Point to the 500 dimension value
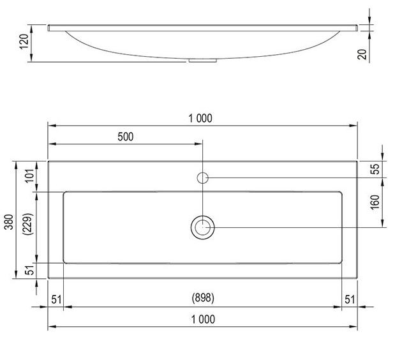(x=126, y=137)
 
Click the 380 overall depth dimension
(x=7, y=220)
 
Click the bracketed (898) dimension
(x=203, y=298)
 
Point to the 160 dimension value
(x=375, y=202)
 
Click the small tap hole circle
(x=203, y=177)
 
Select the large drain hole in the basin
(x=203, y=227)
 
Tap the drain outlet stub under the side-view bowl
(x=203, y=61)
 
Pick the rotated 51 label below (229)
(x=27, y=271)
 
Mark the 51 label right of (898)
(x=350, y=298)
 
